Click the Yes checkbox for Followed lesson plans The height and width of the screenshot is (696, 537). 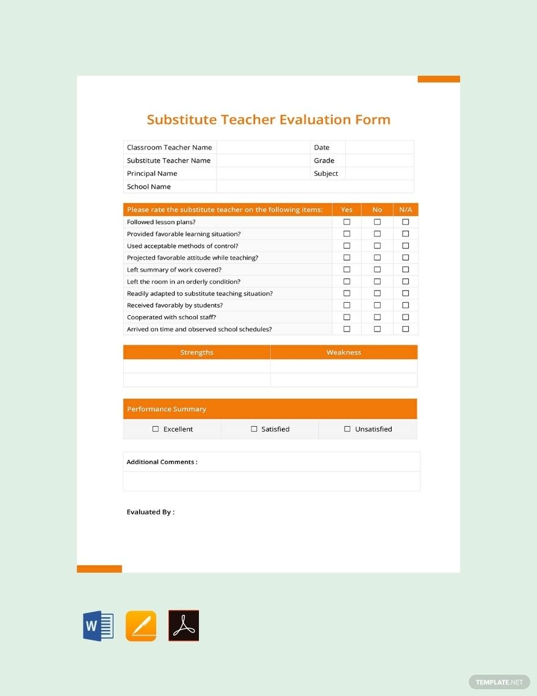347,222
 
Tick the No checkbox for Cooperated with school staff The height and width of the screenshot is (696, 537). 377,317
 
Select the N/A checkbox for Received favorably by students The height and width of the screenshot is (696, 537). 405,305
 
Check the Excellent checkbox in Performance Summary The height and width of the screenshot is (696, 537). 156,429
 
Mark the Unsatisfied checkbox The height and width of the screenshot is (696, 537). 347,429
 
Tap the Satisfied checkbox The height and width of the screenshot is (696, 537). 254,429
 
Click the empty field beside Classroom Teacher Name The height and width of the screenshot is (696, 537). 263,147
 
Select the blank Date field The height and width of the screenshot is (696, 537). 379,147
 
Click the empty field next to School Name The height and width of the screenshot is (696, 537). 314,187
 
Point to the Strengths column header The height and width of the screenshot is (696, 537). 196,352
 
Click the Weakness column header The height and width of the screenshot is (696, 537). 344,352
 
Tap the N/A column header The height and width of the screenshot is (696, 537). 405,209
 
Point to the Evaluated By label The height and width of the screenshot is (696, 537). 150,512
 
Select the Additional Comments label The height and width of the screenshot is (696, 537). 162,462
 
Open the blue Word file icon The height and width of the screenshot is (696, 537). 98,626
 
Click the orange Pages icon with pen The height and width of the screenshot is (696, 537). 141,626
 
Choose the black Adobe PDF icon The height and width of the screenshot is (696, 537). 184,626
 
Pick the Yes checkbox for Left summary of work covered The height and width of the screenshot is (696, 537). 347,270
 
